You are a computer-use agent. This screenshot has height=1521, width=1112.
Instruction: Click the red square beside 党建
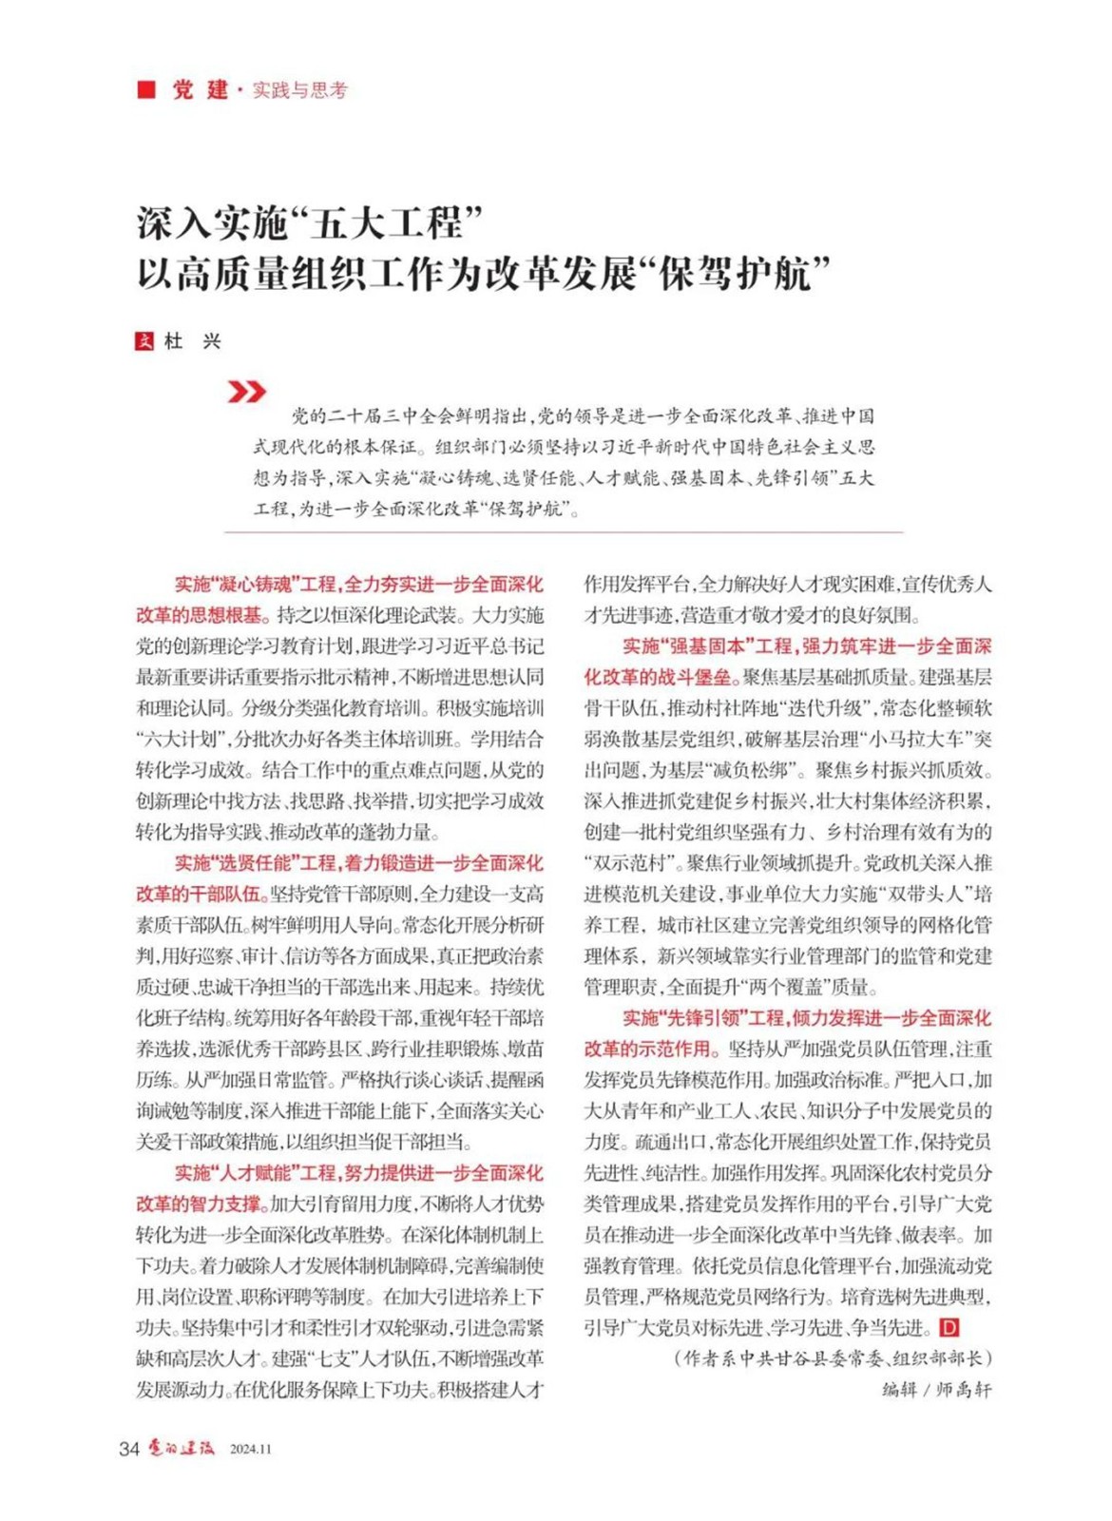146,89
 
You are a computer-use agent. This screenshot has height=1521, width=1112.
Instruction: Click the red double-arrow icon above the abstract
247,391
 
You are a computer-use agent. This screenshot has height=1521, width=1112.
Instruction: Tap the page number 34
129,1449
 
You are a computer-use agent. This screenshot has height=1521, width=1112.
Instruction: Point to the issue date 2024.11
251,1450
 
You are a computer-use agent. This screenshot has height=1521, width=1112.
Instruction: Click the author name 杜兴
193,341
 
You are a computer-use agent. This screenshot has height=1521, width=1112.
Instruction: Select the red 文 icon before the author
144,341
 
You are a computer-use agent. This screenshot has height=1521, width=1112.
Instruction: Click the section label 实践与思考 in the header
300,90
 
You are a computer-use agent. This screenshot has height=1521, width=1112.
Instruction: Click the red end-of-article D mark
949,1328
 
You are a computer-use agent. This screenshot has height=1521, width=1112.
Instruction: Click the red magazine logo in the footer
181,1448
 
